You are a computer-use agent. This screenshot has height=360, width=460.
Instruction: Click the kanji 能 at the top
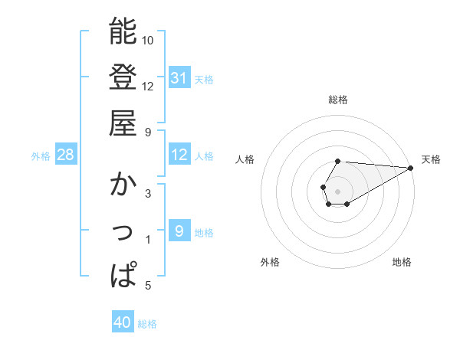coord(123,31)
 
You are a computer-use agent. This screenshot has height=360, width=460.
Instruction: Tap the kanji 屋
coord(123,123)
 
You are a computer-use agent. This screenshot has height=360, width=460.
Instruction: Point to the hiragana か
coord(123,185)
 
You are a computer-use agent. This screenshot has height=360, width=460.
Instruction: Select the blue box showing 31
coord(179,78)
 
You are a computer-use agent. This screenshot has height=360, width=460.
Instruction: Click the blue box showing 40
coord(123,323)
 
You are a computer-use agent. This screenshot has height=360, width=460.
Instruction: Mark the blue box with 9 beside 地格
coord(179,231)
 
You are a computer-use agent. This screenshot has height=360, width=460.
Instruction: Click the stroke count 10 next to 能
coord(148,40)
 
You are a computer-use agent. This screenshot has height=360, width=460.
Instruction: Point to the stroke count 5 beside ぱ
coord(148,286)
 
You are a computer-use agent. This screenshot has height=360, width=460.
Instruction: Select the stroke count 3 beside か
coord(148,194)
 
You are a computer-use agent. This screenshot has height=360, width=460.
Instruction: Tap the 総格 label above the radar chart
coord(338,100)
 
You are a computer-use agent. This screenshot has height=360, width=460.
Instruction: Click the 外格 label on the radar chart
coord(270,263)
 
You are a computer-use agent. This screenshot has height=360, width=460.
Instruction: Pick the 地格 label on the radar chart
coord(402,263)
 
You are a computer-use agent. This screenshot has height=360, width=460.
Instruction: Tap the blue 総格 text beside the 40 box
coord(147,324)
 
